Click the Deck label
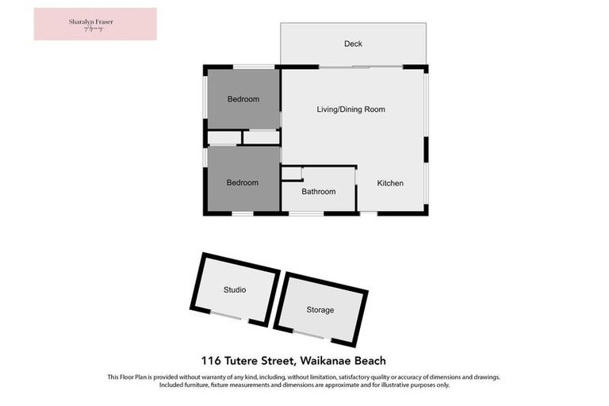(353, 44)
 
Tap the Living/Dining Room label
(351, 109)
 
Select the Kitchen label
(390, 183)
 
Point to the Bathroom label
(319, 192)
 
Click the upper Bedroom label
(243, 99)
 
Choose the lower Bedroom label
(242, 183)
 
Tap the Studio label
(234, 290)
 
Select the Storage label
(320, 310)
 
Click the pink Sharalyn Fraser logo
(95, 24)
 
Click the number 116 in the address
(209, 361)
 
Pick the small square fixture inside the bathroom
(291, 173)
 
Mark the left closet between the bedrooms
(224, 138)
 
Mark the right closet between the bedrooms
(261, 138)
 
